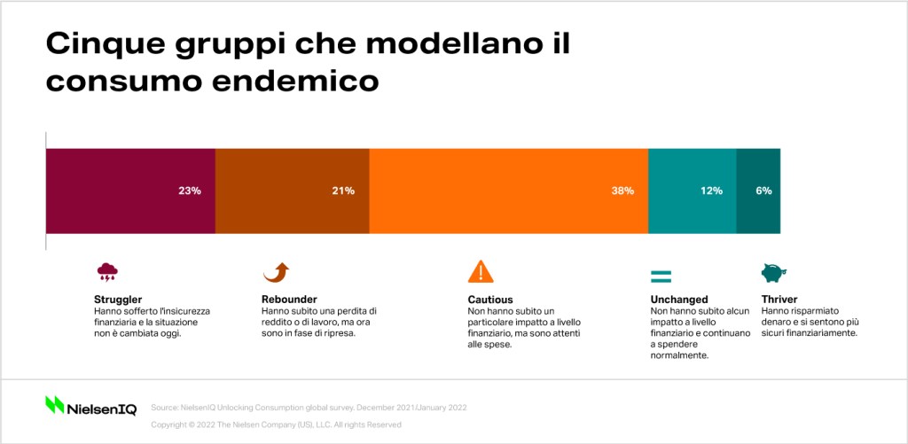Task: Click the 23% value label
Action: tap(190, 191)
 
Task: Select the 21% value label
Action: tap(343, 191)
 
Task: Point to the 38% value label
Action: tap(622, 191)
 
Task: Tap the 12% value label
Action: tap(711, 191)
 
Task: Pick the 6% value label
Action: tap(763, 191)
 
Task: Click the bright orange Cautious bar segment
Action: tap(508, 191)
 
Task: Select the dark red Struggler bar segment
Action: tap(130, 191)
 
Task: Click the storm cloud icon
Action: tap(107, 271)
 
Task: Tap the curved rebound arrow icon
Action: tap(276, 272)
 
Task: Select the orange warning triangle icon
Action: tap(481, 271)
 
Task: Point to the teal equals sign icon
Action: tap(661, 277)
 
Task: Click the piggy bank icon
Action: tap(773, 273)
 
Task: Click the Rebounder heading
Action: tap(290, 300)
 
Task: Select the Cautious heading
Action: tap(489, 300)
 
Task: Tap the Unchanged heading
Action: tap(678, 300)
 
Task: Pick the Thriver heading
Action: tap(779, 300)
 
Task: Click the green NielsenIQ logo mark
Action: tap(54, 405)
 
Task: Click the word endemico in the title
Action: tap(294, 81)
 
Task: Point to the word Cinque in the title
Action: tap(100, 45)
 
